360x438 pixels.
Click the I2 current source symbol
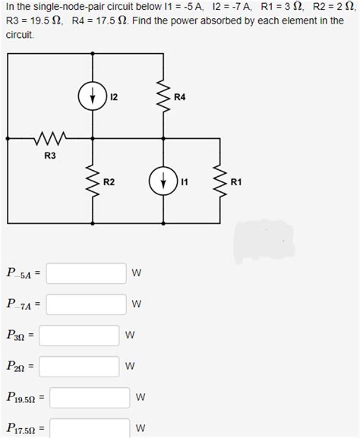pos(92,96)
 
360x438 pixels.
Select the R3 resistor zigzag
pos(50,139)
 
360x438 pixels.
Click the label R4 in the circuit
pos(180,97)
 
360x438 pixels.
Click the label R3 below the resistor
pos(50,156)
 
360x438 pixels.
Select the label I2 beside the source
pos(113,97)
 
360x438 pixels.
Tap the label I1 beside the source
pos(182,182)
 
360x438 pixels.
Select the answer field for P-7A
pos(88,304)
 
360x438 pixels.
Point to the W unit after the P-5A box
pos(137,273)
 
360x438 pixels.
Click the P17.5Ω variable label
pos(22,429)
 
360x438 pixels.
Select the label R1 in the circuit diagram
pos(236,182)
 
